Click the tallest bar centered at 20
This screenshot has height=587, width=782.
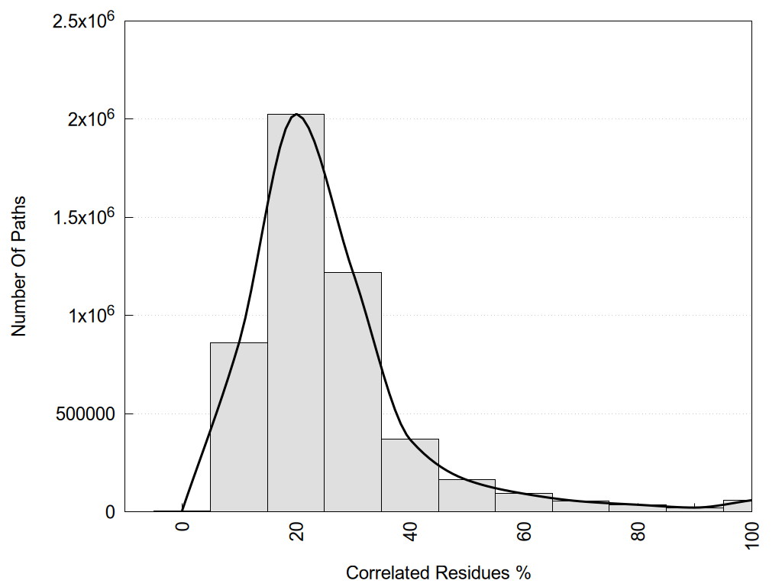click(x=296, y=313)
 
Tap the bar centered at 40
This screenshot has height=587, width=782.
click(x=410, y=475)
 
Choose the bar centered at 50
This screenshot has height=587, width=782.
click(x=467, y=495)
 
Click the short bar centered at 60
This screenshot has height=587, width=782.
click(x=524, y=502)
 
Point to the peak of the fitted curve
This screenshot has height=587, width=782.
click(x=296, y=115)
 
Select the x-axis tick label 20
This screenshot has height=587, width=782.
click(x=296, y=530)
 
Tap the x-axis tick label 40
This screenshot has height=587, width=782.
click(x=411, y=530)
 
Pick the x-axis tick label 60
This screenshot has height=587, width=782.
click(x=525, y=530)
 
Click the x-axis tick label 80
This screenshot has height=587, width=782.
click(x=638, y=530)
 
